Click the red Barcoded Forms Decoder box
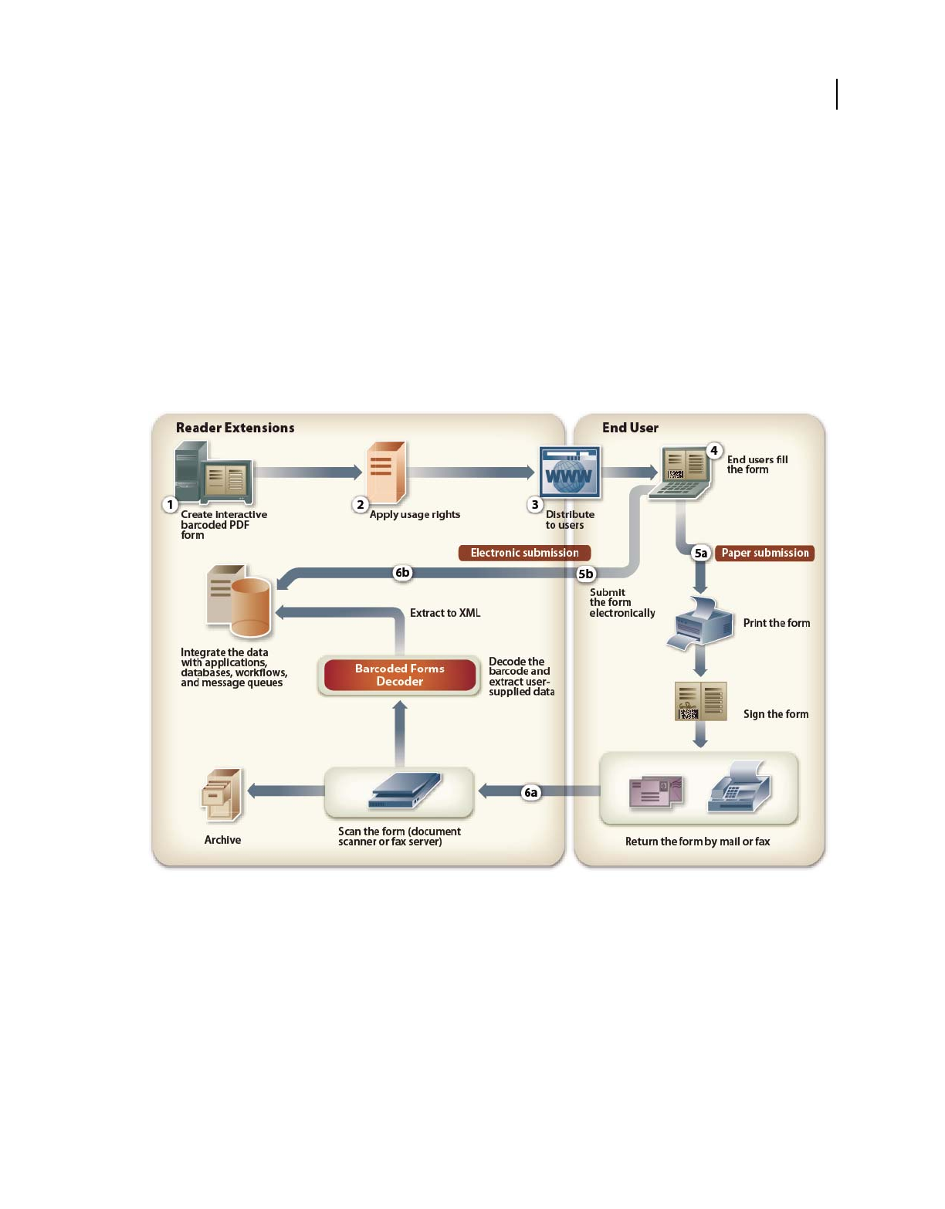[x=400, y=675]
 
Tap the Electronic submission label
[x=524, y=553]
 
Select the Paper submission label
[x=764, y=553]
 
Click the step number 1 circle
[x=171, y=505]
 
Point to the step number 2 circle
[x=361, y=505]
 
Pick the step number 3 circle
[x=535, y=505]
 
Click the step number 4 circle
[x=714, y=451]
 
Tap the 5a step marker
[x=700, y=553]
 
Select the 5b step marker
[x=586, y=574]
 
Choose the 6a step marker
[x=531, y=792]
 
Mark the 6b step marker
[x=402, y=573]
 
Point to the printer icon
[x=701, y=622]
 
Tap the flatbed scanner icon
[x=405, y=791]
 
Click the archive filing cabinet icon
[x=222, y=794]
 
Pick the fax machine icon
[x=739, y=788]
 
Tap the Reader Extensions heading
[x=235, y=428]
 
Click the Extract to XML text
[x=445, y=613]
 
